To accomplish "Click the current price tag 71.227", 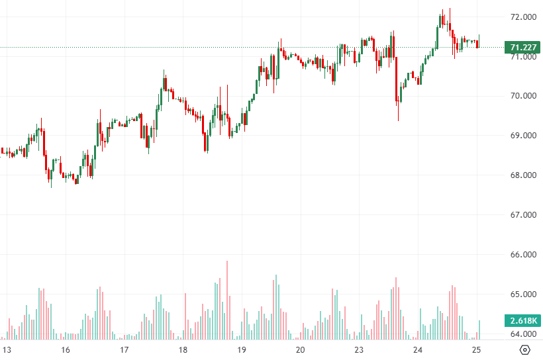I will [x=522, y=47].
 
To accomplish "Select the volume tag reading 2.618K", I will [x=522, y=320].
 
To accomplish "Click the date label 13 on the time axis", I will [x=7, y=349].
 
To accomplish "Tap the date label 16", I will [x=66, y=349].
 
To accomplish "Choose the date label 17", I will [x=124, y=349].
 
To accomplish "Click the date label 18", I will [x=183, y=349].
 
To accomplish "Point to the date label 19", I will [x=242, y=349].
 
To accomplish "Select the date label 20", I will [x=300, y=349].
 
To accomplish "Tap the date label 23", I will [x=359, y=349].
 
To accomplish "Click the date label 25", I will [x=476, y=349].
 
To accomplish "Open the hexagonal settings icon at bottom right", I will [x=524, y=349].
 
